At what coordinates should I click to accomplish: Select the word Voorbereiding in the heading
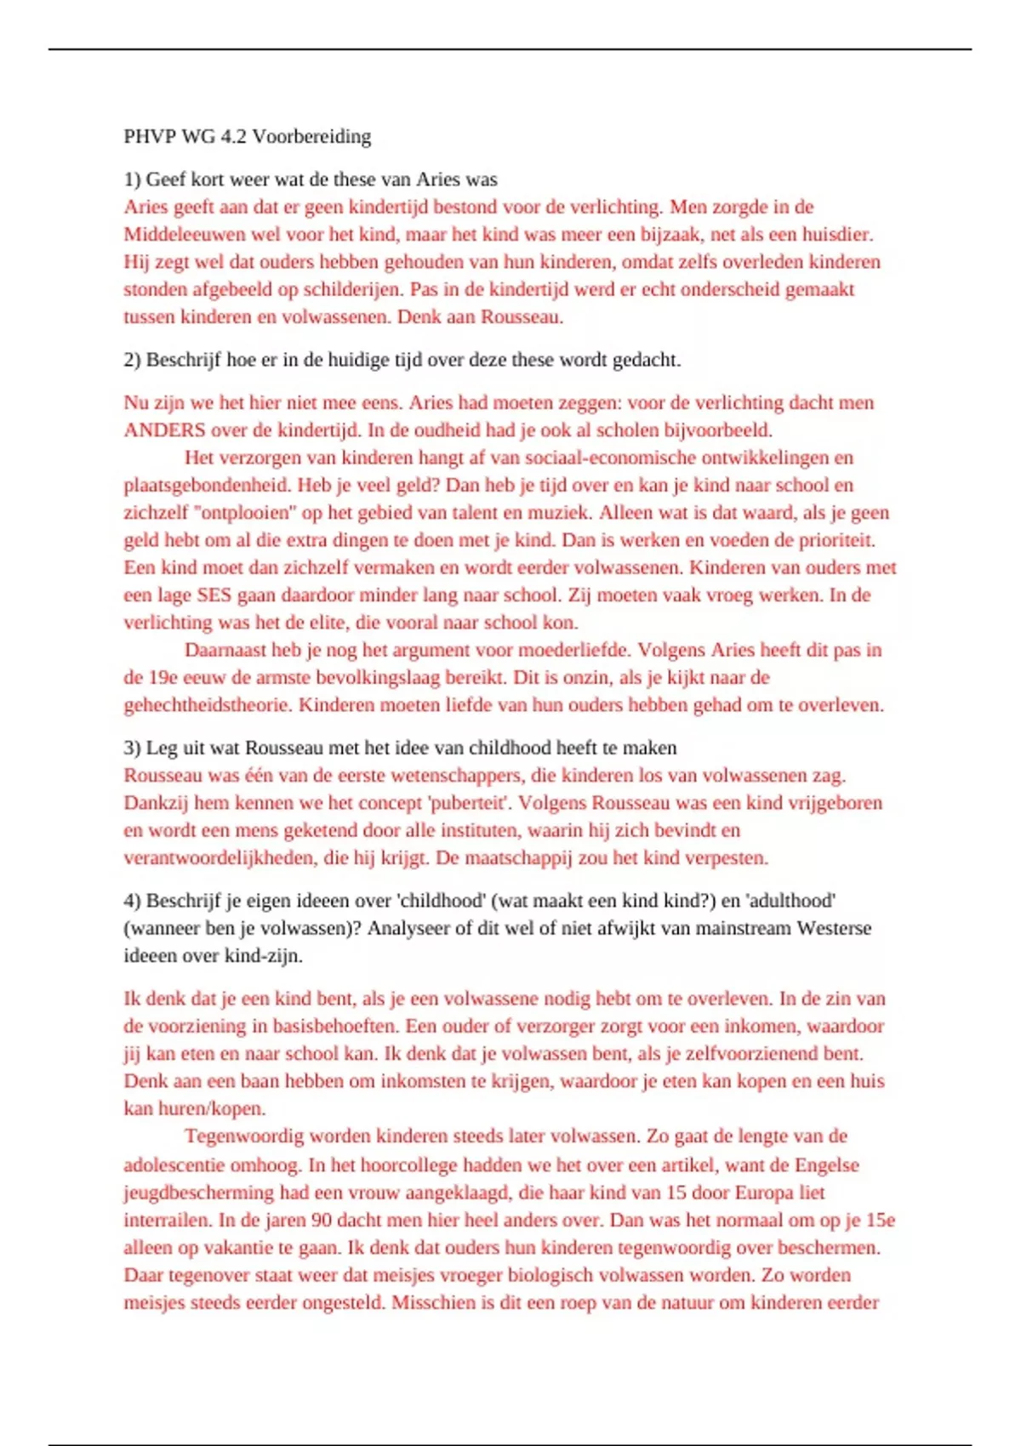click(311, 136)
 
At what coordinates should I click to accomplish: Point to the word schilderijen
click(348, 289)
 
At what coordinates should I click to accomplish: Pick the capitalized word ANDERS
click(164, 430)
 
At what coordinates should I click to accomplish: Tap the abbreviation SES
click(214, 595)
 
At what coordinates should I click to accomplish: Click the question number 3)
click(132, 748)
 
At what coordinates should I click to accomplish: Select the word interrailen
click(167, 1220)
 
